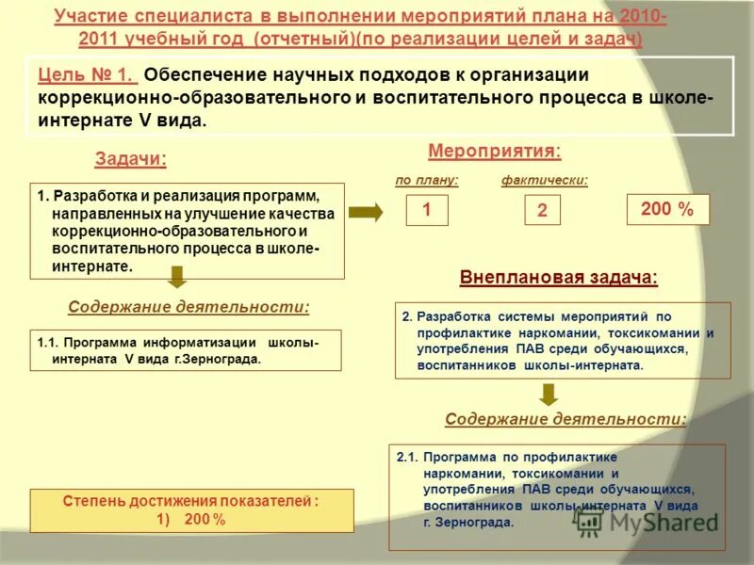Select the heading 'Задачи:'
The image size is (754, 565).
click(x=130, y=159)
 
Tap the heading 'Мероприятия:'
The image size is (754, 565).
click(x=494, y=151)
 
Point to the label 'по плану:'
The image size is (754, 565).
click(x=427, y=180)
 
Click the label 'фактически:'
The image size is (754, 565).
click(x=545, y=180)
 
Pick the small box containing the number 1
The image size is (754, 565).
click(x=427, y=211)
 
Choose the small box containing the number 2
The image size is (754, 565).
click(x=542, y=211)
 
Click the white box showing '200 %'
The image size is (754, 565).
click(x=666, y=210)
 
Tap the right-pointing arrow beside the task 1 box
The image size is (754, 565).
click(x=366, y=213)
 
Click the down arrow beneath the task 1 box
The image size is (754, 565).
click(x=177, y=277)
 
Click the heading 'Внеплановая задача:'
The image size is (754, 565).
click(x=558, y=278)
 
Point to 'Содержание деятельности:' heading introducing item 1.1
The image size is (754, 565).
click(x=188, y=307)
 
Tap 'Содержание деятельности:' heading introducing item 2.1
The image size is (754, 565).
click(x=565, y=419)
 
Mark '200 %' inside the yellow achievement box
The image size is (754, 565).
click(x=205, y=519)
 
